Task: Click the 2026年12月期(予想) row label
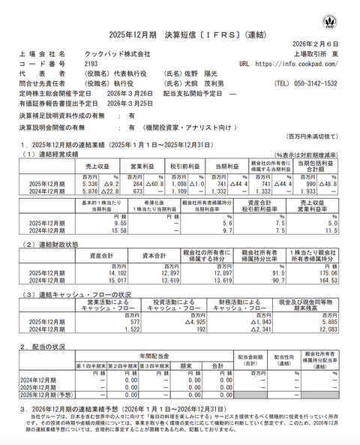pyautogui.click(x=46, y=395)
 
